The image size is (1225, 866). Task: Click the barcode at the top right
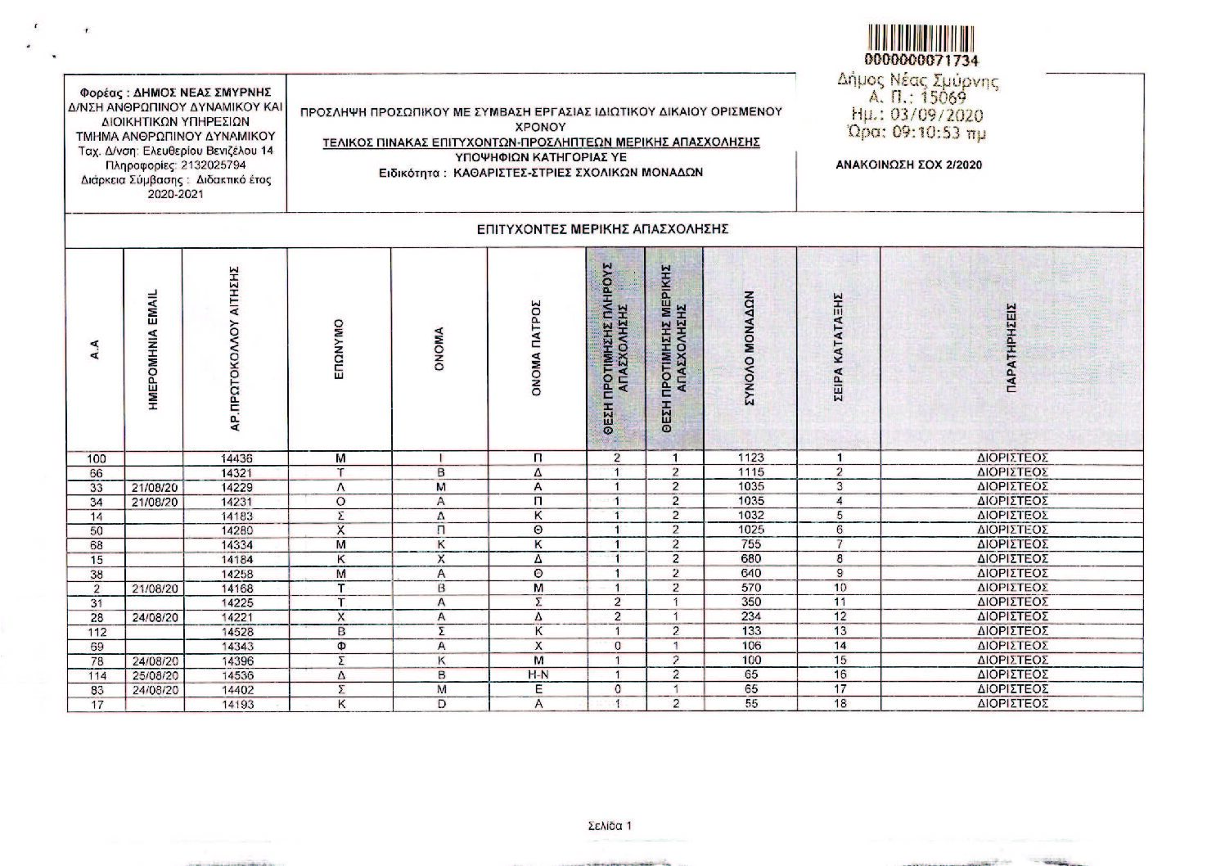tap(921, 38)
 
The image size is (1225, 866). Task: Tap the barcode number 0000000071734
tap(921, 61)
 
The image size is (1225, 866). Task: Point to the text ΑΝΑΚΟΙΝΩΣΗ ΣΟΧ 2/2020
tap(908, 165)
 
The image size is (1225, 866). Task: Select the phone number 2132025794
tap(202, 165)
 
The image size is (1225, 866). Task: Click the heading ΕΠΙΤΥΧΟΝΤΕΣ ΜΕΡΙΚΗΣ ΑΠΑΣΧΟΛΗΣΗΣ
tap(602, 229)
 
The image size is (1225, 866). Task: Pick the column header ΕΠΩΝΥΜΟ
tap(340, 349)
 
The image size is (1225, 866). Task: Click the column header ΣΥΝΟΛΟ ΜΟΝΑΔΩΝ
tap(750, 349)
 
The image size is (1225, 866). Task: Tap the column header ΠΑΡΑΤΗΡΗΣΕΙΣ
tap(1011, 349)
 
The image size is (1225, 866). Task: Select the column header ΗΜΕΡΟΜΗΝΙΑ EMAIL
tap(154, 349)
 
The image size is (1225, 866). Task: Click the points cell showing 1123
tap(750, 458)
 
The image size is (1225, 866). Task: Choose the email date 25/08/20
tap(155, 675)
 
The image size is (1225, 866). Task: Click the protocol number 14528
tap(237, 632)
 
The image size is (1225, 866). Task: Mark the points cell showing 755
tap(750, 544)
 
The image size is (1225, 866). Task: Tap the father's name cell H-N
tap(538, 675)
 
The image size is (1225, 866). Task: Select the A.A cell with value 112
tap(96, 632)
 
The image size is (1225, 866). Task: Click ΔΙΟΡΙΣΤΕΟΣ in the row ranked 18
tap(1012, 703)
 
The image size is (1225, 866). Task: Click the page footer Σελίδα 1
tap(610, 826)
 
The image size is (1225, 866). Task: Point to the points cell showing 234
tap(750, 616)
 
